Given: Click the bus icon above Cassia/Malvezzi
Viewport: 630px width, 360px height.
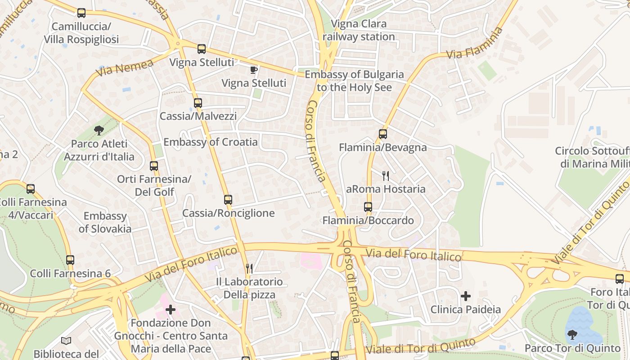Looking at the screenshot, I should tap(198, 103).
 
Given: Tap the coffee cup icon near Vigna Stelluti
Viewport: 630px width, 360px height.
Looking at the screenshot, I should tap(254, 70).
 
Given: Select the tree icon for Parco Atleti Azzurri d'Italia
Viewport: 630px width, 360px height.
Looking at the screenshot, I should tap(99, 130).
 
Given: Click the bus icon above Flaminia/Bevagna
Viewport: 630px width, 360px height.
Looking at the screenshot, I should tap(383, 134).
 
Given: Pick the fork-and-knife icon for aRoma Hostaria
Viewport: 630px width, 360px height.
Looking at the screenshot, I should tap(386, 175).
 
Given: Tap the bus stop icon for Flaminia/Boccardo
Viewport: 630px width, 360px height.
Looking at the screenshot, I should tap(368, 207).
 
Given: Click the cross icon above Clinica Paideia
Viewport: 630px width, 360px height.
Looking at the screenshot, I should tap(466, 296).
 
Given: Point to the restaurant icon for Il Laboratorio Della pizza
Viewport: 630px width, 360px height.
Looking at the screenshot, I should tap(249, 269).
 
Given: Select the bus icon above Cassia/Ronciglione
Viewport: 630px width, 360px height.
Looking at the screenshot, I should tap(228, 199).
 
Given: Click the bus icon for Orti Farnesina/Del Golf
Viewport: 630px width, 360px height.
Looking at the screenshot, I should tap(154, 166).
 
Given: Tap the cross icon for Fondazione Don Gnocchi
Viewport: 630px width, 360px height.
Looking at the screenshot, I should tap(171, 309).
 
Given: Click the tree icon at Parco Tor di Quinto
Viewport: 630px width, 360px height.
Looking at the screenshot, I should tap(572, 334).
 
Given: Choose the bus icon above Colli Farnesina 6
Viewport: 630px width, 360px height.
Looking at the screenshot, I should tap(70, 260).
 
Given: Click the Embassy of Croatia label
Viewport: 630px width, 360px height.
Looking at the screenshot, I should tap(211, 142).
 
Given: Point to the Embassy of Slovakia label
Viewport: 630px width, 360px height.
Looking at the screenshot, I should tap(105, 222).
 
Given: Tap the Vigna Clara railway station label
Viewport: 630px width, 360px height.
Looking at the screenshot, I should tap(359, 30).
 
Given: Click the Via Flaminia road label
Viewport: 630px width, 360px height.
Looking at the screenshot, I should tap(474, 44).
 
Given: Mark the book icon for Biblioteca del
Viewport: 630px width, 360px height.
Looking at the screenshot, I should tap(66, 341).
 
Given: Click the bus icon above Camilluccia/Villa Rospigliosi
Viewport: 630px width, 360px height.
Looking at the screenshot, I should tap(81, 13).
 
